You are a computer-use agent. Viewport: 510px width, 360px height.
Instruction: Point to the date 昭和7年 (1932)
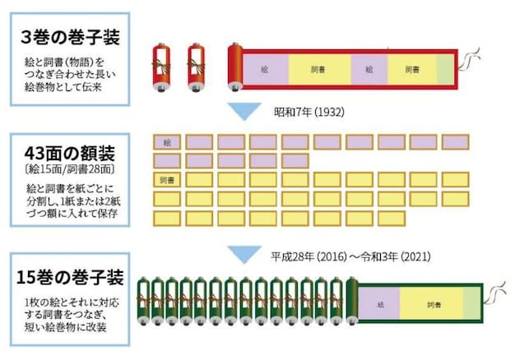pos(309,110)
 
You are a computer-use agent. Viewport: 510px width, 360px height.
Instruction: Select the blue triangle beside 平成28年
pos(243,256)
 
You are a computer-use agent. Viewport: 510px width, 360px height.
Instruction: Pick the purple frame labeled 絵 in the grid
pos(167,141)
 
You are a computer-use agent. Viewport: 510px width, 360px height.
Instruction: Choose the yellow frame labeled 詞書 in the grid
pos(167,178)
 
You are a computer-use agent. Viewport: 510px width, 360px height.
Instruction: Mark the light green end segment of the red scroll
pos(444,67)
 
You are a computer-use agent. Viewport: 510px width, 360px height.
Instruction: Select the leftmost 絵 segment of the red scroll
pos(263,67)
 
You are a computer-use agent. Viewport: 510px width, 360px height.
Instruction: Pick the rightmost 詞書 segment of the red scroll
pos(410,67)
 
